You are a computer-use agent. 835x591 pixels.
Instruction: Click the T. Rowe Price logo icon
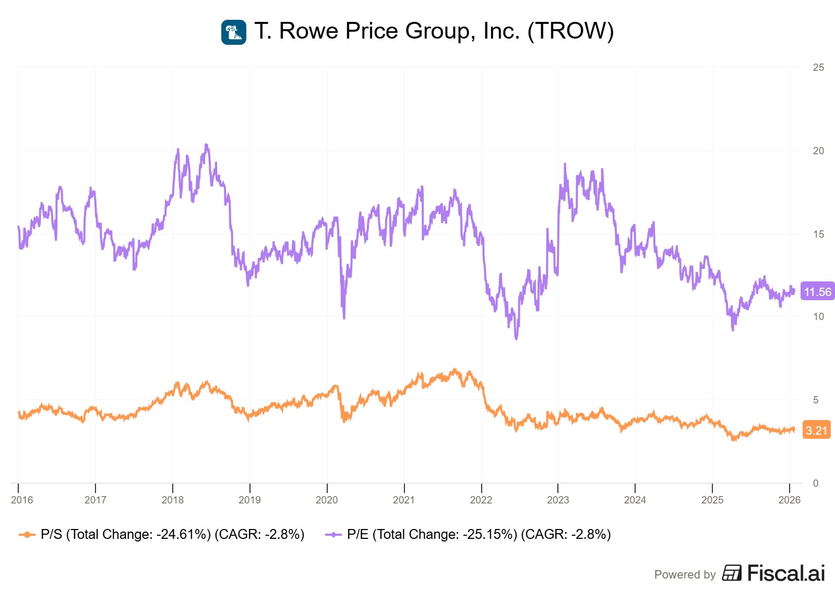click(x=234, y=32)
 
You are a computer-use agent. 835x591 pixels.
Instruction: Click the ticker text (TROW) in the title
click(x=570, y=31)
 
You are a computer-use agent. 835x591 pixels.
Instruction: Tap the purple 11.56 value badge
click(x=817, y=292)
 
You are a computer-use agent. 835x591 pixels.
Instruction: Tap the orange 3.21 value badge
click(x=816, y=430)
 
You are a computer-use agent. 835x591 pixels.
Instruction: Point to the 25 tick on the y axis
click(x=818, y=67)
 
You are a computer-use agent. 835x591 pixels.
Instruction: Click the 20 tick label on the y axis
click(x=818, y=151)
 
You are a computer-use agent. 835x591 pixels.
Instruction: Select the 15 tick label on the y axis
click(x=818, y=234)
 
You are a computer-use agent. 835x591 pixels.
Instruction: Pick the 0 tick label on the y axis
click(x=816, y=483)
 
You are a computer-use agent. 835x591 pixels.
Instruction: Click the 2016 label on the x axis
click(x=22, y=500)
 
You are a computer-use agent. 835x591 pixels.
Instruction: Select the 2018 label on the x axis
click(x=173, y=500)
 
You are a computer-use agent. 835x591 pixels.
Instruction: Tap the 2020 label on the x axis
click(x=327, y=500)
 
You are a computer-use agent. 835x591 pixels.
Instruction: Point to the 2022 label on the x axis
click(x=481, y=500)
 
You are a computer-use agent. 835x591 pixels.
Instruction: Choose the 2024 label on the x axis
click(x=635, y=500)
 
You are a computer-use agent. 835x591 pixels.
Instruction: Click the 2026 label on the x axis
click(x=789, y=500)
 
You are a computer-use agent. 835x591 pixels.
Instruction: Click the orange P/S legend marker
click(x=27, y=534)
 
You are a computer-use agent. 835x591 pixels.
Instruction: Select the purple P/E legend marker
click(x=333, y=534)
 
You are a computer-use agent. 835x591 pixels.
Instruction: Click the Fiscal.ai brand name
click(x=786, y=573)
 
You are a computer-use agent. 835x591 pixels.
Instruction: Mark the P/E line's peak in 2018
click(x=207, y=144)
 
